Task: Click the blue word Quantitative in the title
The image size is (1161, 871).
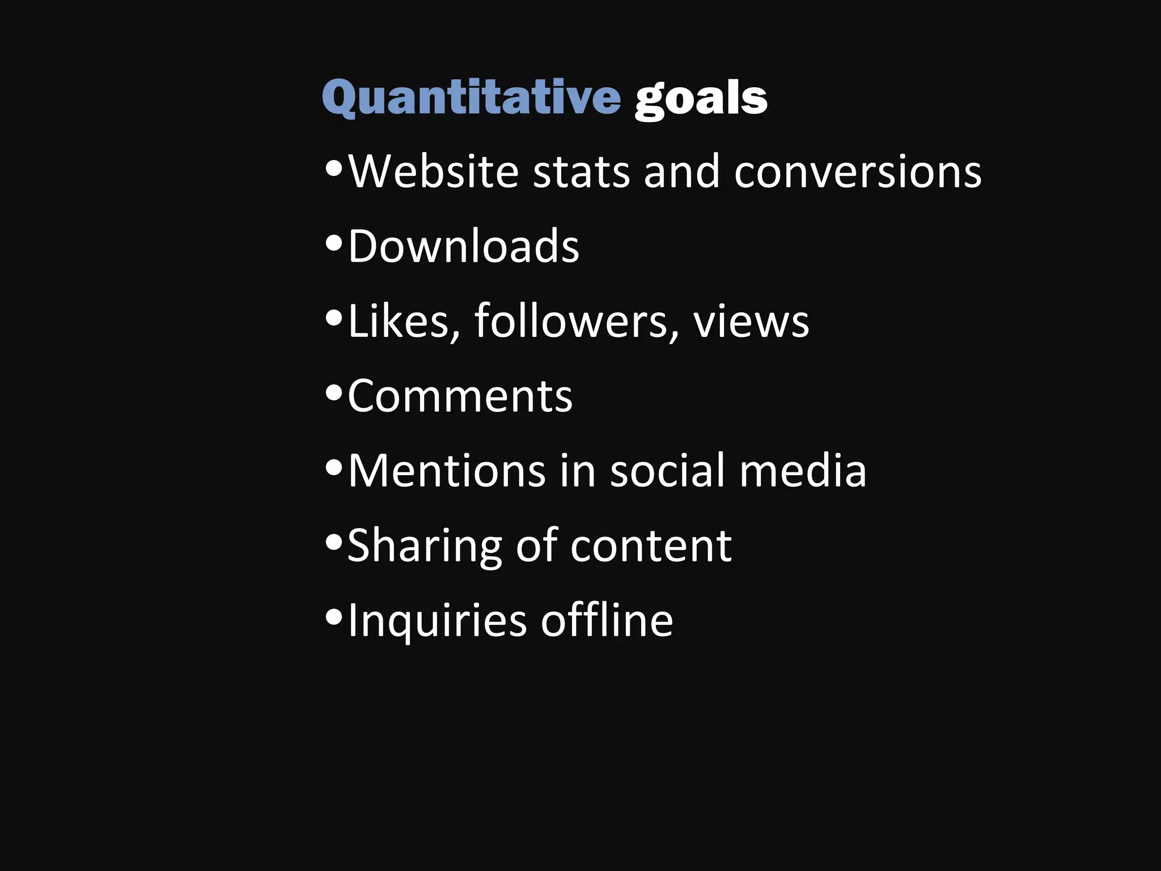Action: (x=471, y=98)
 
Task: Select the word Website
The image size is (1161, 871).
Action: (x=434, y=171)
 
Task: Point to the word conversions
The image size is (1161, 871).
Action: (x=858, y=171)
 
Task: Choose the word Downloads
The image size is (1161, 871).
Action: (x=464, y=246)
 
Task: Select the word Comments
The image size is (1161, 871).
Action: (x=460, y=396)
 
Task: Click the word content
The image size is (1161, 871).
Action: (x=651, y=546)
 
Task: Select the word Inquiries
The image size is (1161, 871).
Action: (x=437, y=620)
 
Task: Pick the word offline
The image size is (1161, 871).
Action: (x=607, y=620)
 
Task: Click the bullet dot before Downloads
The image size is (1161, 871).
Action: (x=334, y=243)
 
